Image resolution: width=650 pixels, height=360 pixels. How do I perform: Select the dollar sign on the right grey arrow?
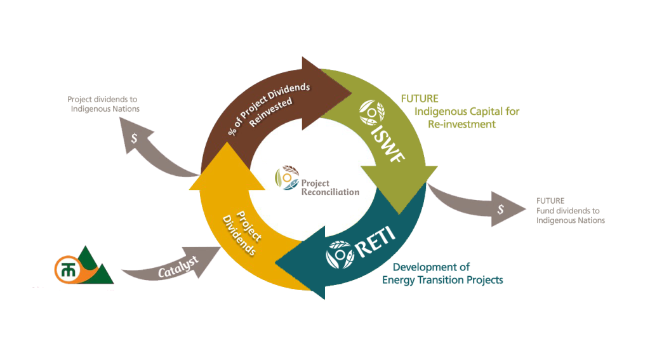pos(500,210)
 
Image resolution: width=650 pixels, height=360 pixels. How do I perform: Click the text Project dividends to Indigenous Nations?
pos(103,104)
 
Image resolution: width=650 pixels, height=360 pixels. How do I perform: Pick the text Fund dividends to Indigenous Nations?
pos(570,215)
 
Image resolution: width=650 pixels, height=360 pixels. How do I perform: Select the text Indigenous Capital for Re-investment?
pos(466,118)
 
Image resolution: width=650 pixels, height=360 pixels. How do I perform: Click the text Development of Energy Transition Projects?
pos(442,274)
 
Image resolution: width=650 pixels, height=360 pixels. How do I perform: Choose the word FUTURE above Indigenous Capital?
pos(420,99)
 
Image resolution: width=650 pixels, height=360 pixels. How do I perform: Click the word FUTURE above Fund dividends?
pos(550,201)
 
